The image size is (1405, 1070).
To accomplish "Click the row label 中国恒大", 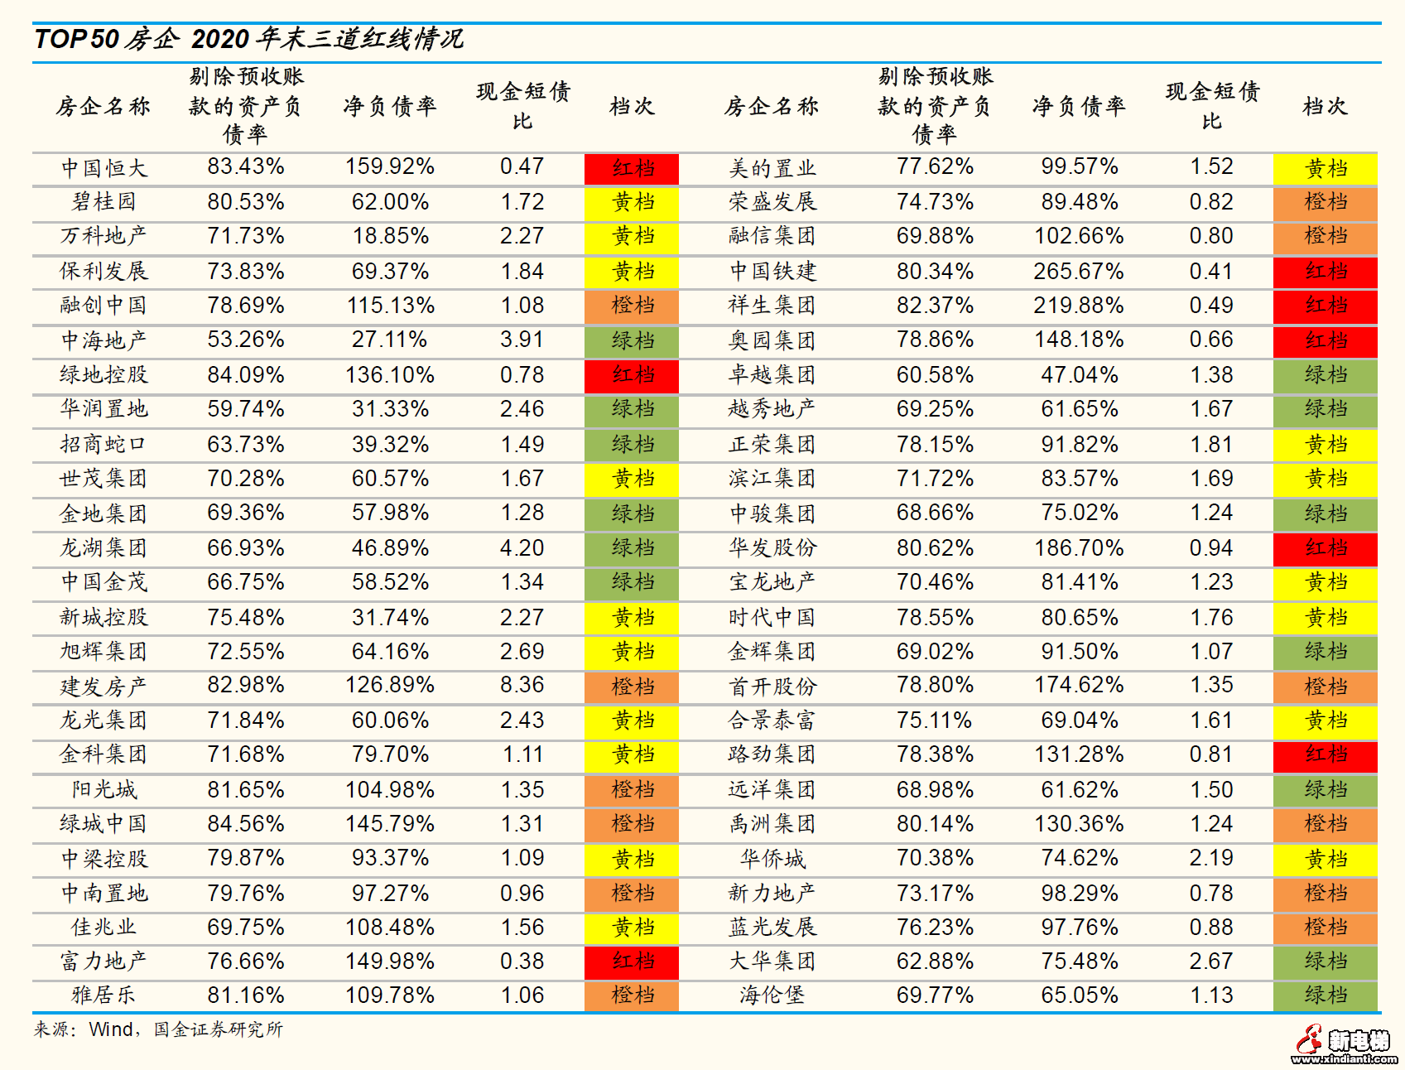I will (103, 168).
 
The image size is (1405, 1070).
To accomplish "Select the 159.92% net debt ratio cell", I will (390, 166).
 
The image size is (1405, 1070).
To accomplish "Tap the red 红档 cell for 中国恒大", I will (632, 169).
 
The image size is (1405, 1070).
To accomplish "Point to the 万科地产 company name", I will (103, 236).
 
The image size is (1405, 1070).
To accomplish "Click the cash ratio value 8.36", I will (522, 685).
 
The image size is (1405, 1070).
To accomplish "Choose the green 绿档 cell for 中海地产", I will (632, 340).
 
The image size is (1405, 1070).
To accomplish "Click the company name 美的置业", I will (772, 168).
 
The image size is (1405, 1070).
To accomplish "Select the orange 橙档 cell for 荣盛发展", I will (1325, 202).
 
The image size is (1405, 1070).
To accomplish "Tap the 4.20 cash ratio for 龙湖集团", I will (522, 548).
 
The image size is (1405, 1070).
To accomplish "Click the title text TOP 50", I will (77, 39).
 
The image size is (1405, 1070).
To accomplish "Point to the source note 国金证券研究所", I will (218, 1029).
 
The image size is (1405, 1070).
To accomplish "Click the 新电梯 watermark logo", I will (1345, 1044).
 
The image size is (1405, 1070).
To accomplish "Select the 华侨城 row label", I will (772, 859).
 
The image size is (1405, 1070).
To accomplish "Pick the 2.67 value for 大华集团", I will (1210, 962).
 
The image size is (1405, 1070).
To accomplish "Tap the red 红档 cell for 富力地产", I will (632, 962).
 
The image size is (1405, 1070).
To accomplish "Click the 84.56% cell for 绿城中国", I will (245, 824).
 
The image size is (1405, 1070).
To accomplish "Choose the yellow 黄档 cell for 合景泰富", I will (1325, 721).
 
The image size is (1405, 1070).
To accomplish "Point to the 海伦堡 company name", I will (772, 995).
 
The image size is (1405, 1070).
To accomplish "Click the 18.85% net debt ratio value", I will (390, 236).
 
